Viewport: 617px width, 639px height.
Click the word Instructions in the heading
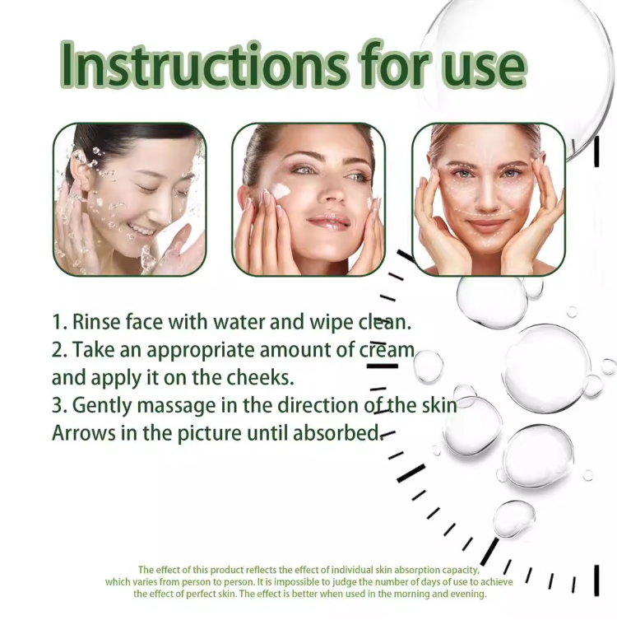(x=205, y=65)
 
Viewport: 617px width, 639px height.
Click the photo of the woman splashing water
(x=130, y=199)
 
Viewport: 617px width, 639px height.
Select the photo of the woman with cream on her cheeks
(x=308, y=199)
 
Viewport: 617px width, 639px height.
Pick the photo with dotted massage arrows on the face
(x=489, y=199)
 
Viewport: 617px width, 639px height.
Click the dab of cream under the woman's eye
(x=280, y=189)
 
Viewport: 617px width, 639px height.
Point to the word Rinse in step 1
(x=96, y=322)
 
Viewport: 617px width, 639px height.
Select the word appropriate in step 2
(x=200, y=352)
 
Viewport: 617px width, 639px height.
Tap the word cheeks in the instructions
(x=260, y=378)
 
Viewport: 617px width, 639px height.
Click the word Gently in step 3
(x=102, y=406)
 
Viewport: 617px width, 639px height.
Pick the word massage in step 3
(x=176, y=407)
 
